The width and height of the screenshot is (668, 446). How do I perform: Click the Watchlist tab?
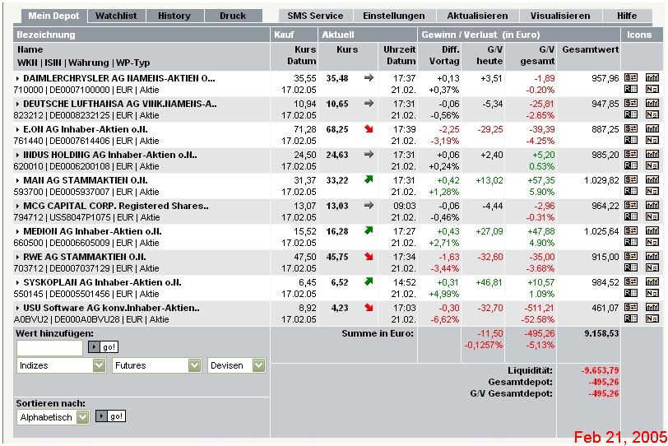[116, 16]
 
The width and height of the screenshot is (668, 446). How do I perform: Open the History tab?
[174, 16]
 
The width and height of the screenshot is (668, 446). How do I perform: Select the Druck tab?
[233, 16]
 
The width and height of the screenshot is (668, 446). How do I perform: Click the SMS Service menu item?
[315, 16]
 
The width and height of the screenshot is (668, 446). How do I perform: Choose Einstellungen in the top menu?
[394, 16]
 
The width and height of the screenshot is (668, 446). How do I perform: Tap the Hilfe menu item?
[627, 16]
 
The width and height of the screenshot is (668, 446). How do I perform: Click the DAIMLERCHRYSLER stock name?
[118, 78]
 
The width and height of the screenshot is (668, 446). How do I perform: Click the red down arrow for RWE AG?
[369, 257]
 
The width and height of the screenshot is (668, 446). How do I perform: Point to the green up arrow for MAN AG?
[369, 179]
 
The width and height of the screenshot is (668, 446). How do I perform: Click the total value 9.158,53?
[601, 334]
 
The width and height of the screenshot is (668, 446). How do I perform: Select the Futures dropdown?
[157, 365]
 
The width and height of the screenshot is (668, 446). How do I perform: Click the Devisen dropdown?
[237, 365]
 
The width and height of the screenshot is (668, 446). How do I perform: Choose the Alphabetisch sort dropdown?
[53, 417]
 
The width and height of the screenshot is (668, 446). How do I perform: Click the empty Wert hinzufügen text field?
[49, 347]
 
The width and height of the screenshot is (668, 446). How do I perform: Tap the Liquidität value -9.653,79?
[600, 370]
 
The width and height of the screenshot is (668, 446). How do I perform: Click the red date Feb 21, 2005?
[619, 436]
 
